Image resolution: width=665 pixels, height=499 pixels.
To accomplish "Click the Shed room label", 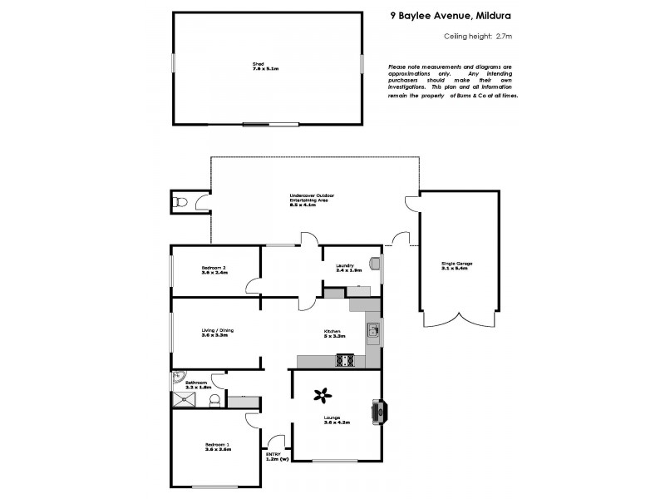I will point(268,65).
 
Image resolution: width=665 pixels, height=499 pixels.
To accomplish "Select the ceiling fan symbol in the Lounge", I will point(322,396).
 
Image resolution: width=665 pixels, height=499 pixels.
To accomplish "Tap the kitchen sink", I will point(373,333).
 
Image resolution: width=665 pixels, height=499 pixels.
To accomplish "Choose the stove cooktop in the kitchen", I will point(345,360).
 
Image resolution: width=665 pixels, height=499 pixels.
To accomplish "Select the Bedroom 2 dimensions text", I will point(214,272).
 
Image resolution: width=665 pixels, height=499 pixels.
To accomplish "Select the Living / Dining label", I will point(217,330).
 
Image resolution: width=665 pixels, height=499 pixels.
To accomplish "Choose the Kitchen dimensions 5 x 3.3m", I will point(334,336).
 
